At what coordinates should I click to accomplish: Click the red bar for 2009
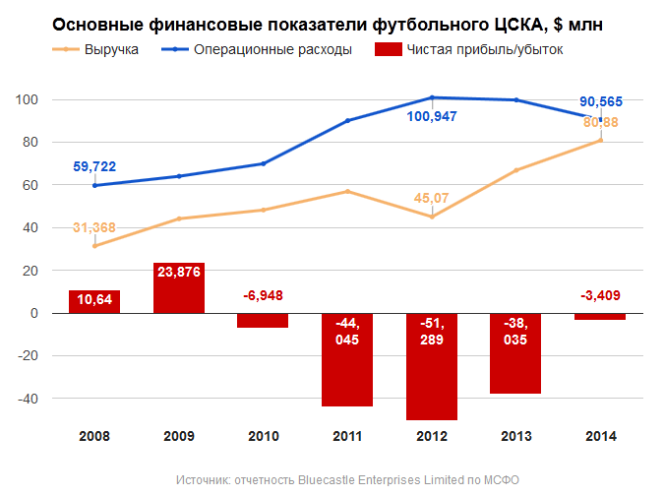tap(179, 287)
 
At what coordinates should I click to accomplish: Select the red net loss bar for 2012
tap(432, 366)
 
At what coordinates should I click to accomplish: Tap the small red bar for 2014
tap(600, 316)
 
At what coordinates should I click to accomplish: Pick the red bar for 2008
tap(94, 302)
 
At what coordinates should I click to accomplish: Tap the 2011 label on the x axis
tap(347, 436)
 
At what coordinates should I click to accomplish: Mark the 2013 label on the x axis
tap(515, 436)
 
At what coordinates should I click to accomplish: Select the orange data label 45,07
tap(431, 198)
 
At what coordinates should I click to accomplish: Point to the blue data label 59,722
tap(94, 166)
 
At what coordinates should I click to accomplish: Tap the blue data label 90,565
tap(600, 100)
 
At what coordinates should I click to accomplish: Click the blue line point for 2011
tap(347, 120)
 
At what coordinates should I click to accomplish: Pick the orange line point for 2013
tap(515, 170)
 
